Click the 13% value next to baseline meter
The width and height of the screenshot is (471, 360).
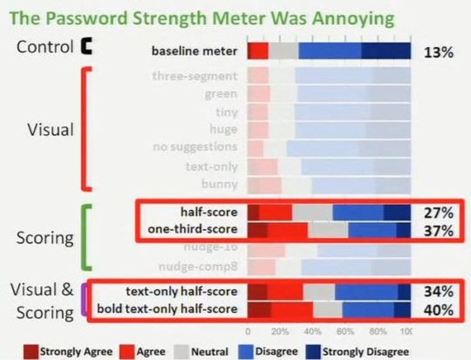[437, 51]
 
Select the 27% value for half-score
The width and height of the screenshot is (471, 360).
[438, 213]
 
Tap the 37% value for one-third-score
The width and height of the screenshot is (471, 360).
[438, 230]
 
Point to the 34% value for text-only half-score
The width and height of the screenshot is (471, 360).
[438, 291]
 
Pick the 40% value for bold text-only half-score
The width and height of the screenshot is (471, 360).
[438, 309]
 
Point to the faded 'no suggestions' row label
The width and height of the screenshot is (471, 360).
[196, 147]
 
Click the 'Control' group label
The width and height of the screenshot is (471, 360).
[44, 46]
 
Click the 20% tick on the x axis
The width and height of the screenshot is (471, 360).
[280, 332]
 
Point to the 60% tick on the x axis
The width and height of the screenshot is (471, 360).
[344, 332]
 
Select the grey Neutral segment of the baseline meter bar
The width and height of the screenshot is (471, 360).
[283, 51]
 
